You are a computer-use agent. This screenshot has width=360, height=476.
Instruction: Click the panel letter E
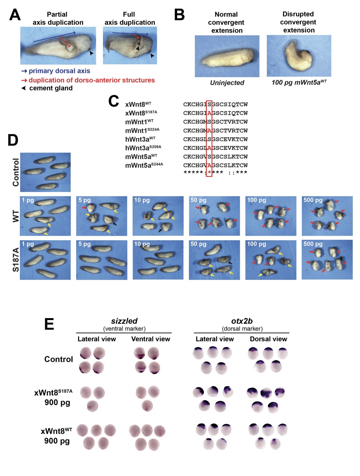(x=49, y=324)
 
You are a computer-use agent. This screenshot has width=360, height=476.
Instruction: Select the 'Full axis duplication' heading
(x=129, y=18)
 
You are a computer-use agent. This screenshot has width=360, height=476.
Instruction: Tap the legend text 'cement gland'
(x=51, y=88)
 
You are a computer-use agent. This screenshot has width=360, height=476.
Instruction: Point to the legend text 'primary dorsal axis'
(x=59, y=71)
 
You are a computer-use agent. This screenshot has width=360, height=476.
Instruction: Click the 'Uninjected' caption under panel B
(x=227, y=83)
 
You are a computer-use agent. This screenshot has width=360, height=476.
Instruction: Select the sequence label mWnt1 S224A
(x=142, y=131)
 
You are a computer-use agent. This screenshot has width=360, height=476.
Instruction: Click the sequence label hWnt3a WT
(x=140, y=139)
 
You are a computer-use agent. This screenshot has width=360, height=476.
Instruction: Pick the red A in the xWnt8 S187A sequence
(x=209, y=113)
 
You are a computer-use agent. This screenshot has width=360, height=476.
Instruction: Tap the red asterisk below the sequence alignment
(x=209, y=172)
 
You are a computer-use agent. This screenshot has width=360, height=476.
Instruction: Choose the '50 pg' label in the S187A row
(x=198, y=244)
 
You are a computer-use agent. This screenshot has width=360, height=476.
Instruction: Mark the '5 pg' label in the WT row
(x=84, y=200)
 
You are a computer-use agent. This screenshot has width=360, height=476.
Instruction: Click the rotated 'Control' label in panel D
(x=16, y=172)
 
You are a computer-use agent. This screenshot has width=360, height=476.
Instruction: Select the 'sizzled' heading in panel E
(x=124, y=321)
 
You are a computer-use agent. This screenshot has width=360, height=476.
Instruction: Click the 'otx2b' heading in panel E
(x=242, y=321)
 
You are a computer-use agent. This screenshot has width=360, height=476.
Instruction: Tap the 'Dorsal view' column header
(x=268, y=339)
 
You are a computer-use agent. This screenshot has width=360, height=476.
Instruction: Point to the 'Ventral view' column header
(x=150, y=339)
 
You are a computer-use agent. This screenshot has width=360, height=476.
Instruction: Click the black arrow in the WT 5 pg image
(x=114, y=224)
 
